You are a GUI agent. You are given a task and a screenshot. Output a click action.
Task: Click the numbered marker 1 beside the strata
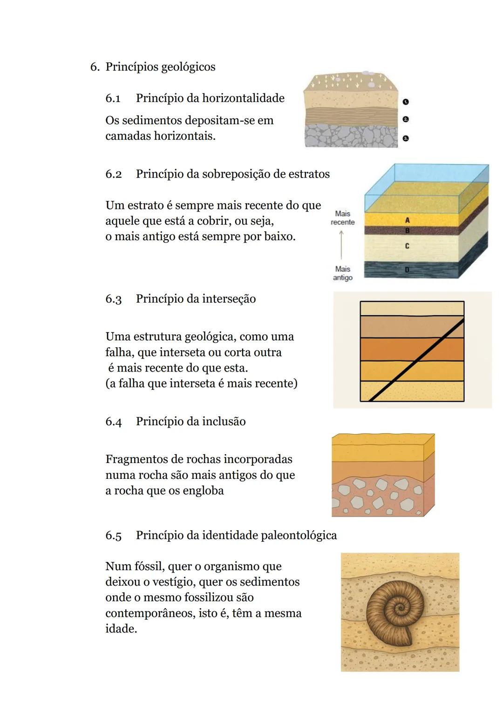[406, 102]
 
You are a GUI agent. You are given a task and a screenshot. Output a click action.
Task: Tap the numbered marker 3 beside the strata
[406, 138]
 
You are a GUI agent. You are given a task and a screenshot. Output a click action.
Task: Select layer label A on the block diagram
[408, 220]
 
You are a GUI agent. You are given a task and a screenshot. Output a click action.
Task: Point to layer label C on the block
[407, 246]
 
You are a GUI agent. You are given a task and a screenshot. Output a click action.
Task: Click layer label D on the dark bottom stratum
[407, 270]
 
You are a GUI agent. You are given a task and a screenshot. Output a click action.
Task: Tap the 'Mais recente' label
[342, 218]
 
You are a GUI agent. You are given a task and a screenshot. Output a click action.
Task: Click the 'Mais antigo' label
[342, 273]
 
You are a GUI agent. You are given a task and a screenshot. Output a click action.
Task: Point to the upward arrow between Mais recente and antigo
[341, 245]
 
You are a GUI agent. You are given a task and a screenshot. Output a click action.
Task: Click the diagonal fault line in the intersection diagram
[416, 359]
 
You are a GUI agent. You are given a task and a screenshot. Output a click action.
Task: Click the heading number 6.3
[113, 299]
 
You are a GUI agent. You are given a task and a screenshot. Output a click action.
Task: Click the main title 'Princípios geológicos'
[160, 67]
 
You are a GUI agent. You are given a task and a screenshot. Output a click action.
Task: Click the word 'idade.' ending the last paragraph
[121, 629]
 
